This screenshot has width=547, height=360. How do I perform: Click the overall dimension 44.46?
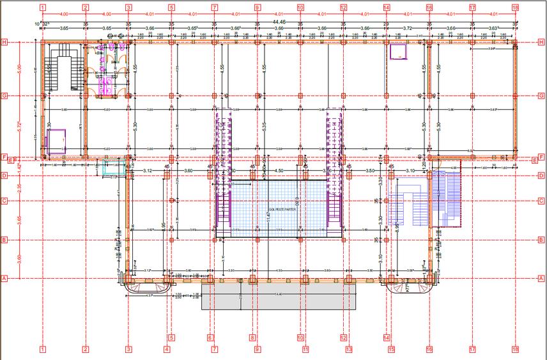point(279,22)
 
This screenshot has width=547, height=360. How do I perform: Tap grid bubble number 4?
point(167,349)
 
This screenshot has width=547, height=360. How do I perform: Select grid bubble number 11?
point(305,349)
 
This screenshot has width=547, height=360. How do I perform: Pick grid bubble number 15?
point(392,349)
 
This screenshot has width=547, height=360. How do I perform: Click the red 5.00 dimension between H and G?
point(20,68)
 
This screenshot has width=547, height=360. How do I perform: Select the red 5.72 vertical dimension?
point(20,126)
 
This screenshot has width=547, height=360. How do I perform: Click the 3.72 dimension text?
point(407,28)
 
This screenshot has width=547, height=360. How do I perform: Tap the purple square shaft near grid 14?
point(399,51)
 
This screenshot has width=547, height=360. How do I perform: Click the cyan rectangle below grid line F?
point(115,168)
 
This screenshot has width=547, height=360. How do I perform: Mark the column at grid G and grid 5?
point(171,96)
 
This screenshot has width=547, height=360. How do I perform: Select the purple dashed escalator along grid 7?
point(222,166)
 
